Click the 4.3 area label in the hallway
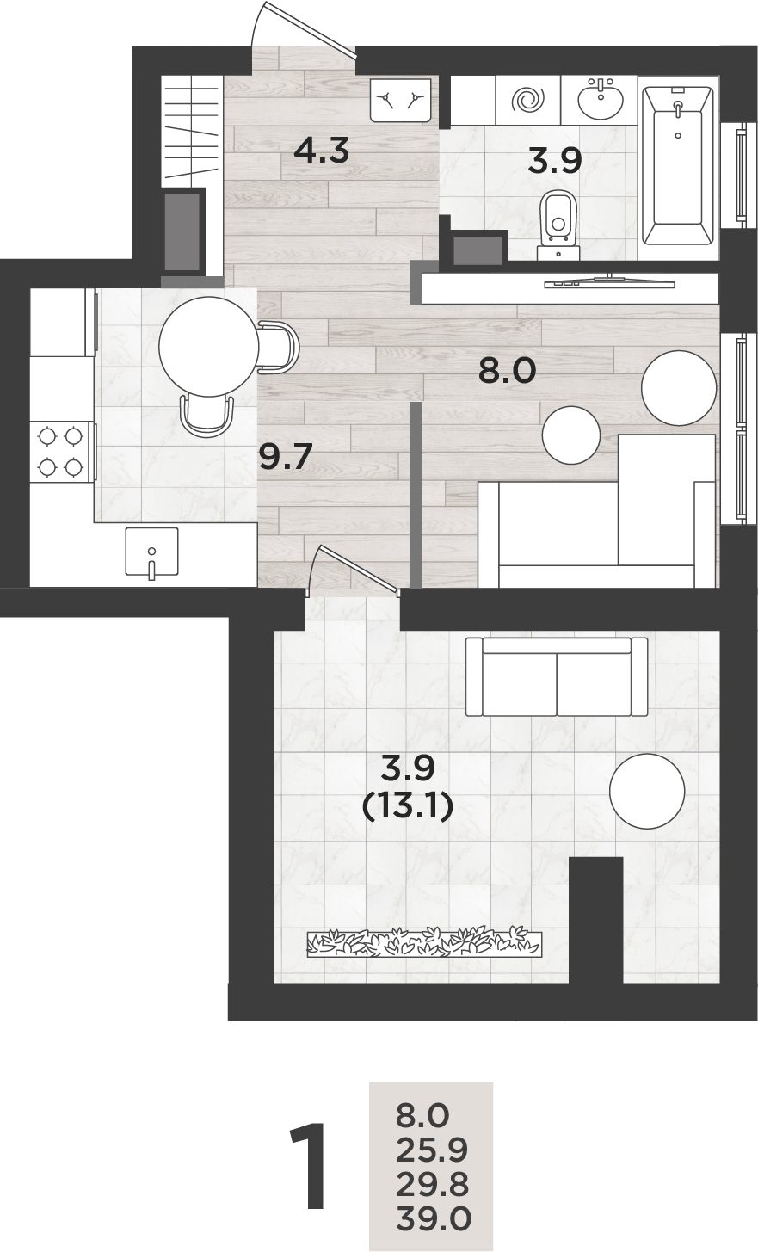[321, 151]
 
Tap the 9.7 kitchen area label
[285, 456]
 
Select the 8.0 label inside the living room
[507, 371]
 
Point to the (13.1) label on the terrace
[408, 808]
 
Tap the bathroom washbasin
[600, 98]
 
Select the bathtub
[677, 166]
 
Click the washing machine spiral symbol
[528, 101]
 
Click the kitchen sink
[151, 552]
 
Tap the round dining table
[208, 347]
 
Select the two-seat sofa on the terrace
[557, 677]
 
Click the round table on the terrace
[647, 792]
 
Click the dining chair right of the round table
[279, 347]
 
